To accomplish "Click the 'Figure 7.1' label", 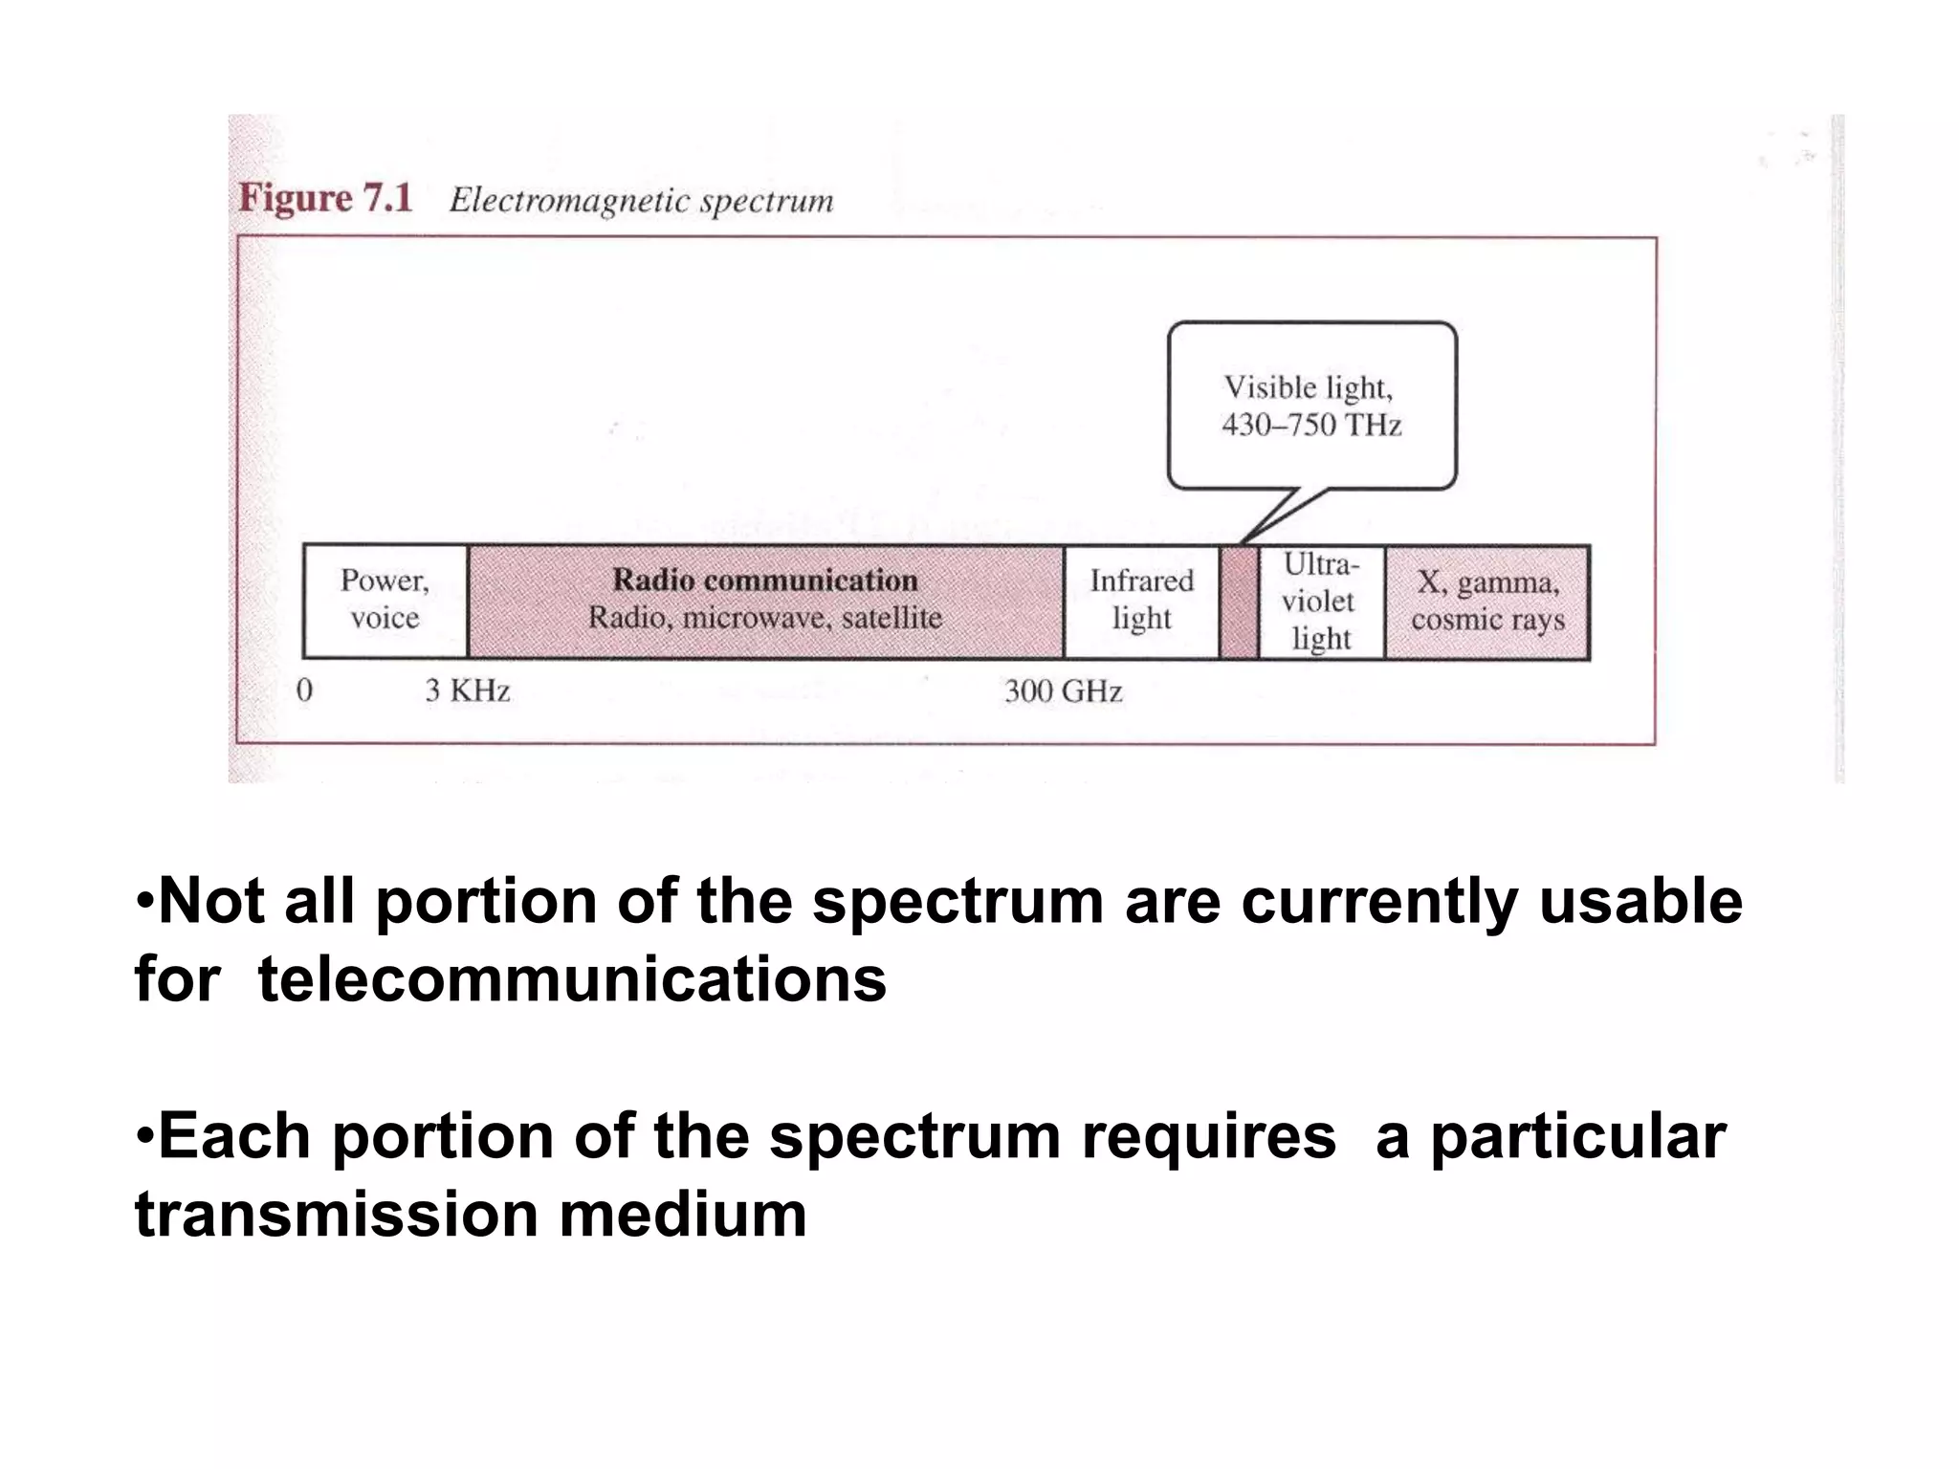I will [325, 198].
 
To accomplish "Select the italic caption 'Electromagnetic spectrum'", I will [641, 201].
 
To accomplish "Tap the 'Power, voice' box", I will [385, 600].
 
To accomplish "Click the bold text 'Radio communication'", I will [764, 580].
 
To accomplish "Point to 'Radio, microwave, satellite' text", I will [764, 618].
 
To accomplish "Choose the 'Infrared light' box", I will [1141, 600].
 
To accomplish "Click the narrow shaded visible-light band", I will [1239, 602].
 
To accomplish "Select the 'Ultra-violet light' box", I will [1321, 602].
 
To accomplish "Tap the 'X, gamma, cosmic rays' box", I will [1486, 602].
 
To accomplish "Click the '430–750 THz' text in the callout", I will [1311, 425].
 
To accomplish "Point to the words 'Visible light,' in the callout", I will [1309, 387].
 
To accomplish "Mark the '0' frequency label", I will [304, 691].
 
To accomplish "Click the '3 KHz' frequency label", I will [467, 691].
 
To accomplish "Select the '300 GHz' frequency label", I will [1063, 691].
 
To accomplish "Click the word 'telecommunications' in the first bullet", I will [572, 979].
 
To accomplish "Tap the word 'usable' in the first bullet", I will [1640, 901].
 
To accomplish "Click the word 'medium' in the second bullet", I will [683, 1215].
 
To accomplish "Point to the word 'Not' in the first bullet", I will [210, 901].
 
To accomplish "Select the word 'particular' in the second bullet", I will [1577, 1136].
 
